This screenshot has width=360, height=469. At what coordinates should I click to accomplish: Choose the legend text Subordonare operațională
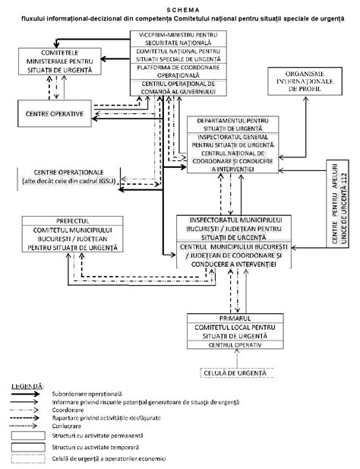(83, 394)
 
